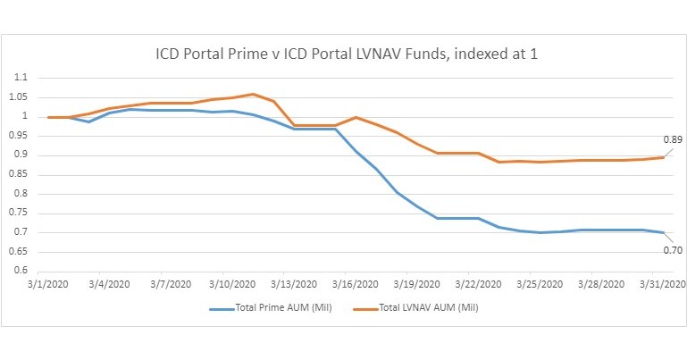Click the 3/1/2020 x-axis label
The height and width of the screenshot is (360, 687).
click(x=47, y=284)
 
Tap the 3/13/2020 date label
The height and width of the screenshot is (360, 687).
click(x=293, y=284)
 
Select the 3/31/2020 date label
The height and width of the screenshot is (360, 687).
click(x=662, y=284)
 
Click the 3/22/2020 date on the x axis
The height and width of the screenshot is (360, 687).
click(x=478, y=284)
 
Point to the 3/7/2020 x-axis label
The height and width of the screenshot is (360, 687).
click(x=170, y=284)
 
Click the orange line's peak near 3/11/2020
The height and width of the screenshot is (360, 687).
click(x=253, y=94)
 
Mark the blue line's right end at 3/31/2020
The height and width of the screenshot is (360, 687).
click(x=663, y=232)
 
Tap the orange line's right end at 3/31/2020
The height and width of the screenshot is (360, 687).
click(x=663, y=157)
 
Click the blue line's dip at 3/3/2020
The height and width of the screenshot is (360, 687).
click(x=88, y=121)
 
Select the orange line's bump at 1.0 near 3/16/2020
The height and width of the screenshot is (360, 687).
click(x=356, y=117)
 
